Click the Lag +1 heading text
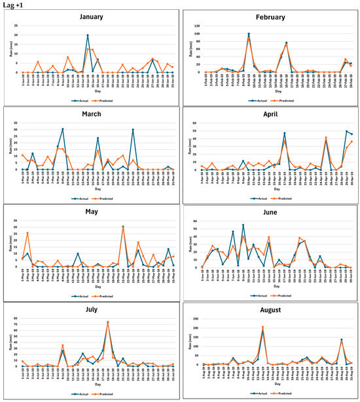[x=12, y=4]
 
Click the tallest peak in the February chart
[x=249, y=34]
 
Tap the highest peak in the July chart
[x=108, y=322]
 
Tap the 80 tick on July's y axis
[x=16, y=318]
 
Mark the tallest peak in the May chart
[x=123, y=227]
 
